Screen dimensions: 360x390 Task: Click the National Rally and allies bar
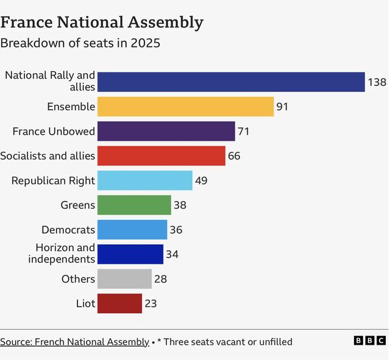(x=231, y=82)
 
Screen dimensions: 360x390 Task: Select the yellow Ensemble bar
(x=185, y=107)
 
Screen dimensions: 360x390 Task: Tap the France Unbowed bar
(x=166, y=131)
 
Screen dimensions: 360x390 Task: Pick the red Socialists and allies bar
(x=161, y=156)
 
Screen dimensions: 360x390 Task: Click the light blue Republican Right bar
(x=144, y=180)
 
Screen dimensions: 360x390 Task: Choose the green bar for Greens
(x=134, y=205)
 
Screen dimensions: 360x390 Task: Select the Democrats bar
(x=132, y=230)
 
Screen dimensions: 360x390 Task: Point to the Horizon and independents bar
(x=130, y=254)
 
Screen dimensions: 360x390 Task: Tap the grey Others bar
(x=124, y=279)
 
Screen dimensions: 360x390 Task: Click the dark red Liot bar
(x=119, y=303)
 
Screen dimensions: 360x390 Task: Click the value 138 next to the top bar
(x=377, y=82)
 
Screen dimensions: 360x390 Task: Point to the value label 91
(x=282, y=107)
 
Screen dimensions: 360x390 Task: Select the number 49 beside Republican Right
(x=202, y=180)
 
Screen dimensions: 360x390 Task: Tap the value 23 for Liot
(x=151, y=303)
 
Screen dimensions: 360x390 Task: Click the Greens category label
(x=77, y=205)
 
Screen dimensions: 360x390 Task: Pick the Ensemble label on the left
(x=71, y=107)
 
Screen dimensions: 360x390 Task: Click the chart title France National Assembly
(x=102, y=23)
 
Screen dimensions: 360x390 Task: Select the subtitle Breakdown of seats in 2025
(x=80, y=43)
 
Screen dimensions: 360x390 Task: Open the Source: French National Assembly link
(x=74, y=342)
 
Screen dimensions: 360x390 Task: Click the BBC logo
(x=369, y=341)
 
